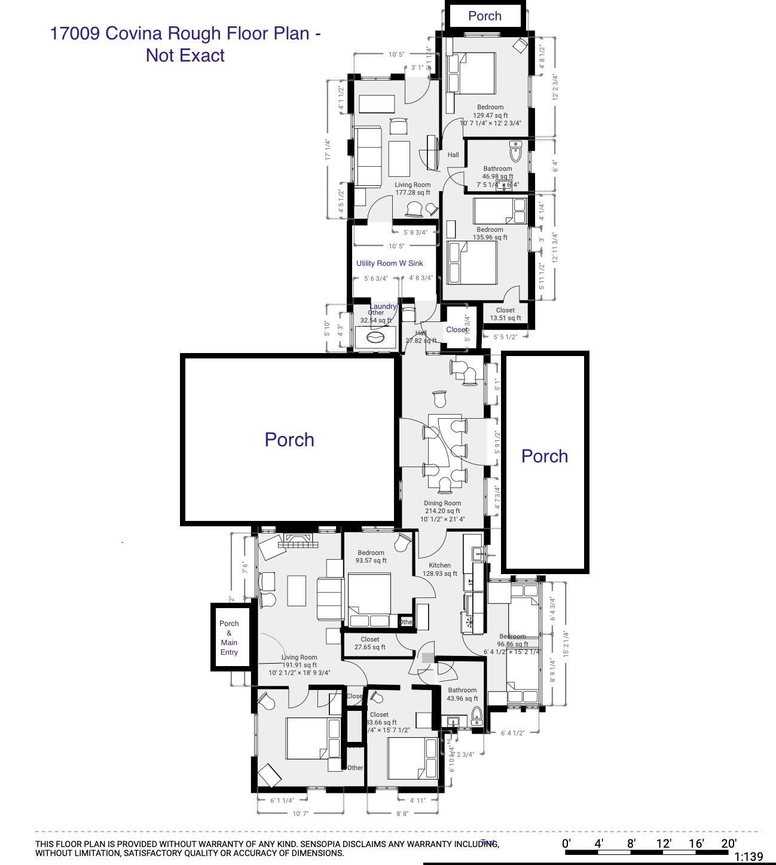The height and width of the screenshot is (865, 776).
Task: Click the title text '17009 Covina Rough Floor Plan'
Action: tap(185, 33)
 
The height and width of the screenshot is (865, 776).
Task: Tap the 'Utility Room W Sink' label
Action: tap(389, 263)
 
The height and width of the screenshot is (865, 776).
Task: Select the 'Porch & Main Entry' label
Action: tap(229, 638)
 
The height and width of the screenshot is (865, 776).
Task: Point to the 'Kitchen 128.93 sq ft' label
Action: tap(439, 569)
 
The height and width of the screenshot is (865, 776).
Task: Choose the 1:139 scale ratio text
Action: tap(748, 857)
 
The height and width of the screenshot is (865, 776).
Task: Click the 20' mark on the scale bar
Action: tap(728, 843)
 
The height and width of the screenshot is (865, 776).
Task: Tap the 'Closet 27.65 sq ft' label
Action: tap(369, 643)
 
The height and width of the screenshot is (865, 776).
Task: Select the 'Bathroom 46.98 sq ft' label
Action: tap(497, 173)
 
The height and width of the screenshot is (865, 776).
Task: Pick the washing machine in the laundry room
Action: tap(375, 338)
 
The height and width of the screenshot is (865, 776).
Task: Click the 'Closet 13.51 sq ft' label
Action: tap(505, 314)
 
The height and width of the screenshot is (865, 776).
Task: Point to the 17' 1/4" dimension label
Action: tap(328, 149)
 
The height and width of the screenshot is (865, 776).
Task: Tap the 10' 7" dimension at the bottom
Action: tap(301, 813)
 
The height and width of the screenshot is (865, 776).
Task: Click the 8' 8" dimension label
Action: tap(402, 813)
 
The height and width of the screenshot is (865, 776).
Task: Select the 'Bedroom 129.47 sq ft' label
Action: tap(490, 112)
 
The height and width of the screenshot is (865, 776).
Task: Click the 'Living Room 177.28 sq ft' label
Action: tap(412, 189)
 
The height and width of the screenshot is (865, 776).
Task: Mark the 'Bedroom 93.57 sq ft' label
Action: tap(371, 557)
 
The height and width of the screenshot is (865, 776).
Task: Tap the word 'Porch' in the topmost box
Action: tap(485, 16)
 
